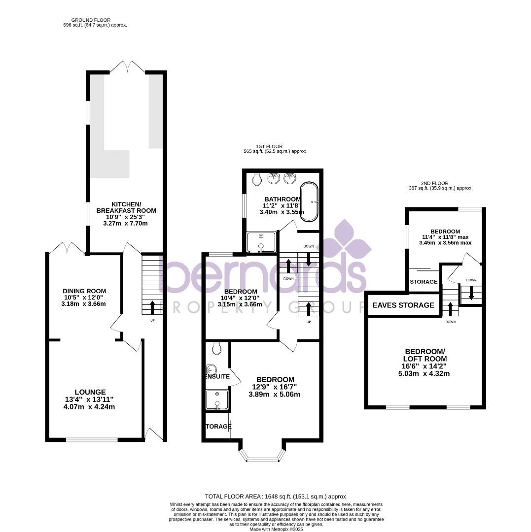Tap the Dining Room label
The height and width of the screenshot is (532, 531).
pyautogui.click(x=84, y=291)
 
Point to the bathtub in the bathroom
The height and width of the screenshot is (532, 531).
pyautogui.click(x=309, y=202)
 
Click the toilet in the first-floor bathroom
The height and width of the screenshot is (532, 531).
pyautogui.click(x=256, y=179)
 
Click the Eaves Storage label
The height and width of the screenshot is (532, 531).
pyautogui.click(x=403, y=305)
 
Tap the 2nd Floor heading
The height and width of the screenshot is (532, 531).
pyautogui.click(x=435, y=183)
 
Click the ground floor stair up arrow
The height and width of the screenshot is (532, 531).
pyautogui.click(x=151, y=306)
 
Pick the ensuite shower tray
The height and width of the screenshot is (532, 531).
pyautogui.click(x=217, y=400)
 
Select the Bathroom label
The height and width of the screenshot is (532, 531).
pyautogui.click(x=282, y=199)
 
